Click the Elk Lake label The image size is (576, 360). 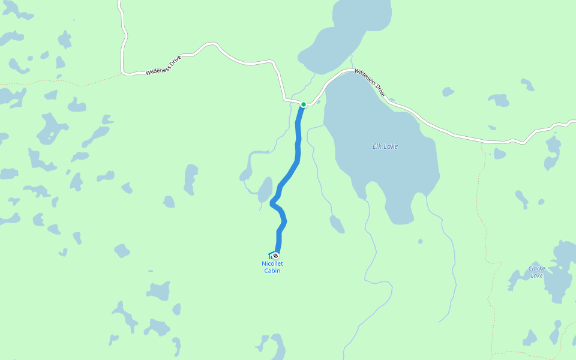(385, 146)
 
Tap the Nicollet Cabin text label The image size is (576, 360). (272, 267)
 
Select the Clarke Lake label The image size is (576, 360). (536, 272)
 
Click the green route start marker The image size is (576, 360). (304, 104)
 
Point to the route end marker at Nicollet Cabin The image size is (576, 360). (276, 256)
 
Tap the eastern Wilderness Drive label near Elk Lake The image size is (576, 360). (369, 82)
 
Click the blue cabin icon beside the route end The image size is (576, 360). (271, 255)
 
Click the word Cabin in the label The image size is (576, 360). (272, 271)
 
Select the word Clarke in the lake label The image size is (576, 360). (536, 268)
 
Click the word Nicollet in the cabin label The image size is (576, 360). (272, 263)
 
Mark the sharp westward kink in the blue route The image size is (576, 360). (273, 203)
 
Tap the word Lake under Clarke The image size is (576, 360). (536, 275)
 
